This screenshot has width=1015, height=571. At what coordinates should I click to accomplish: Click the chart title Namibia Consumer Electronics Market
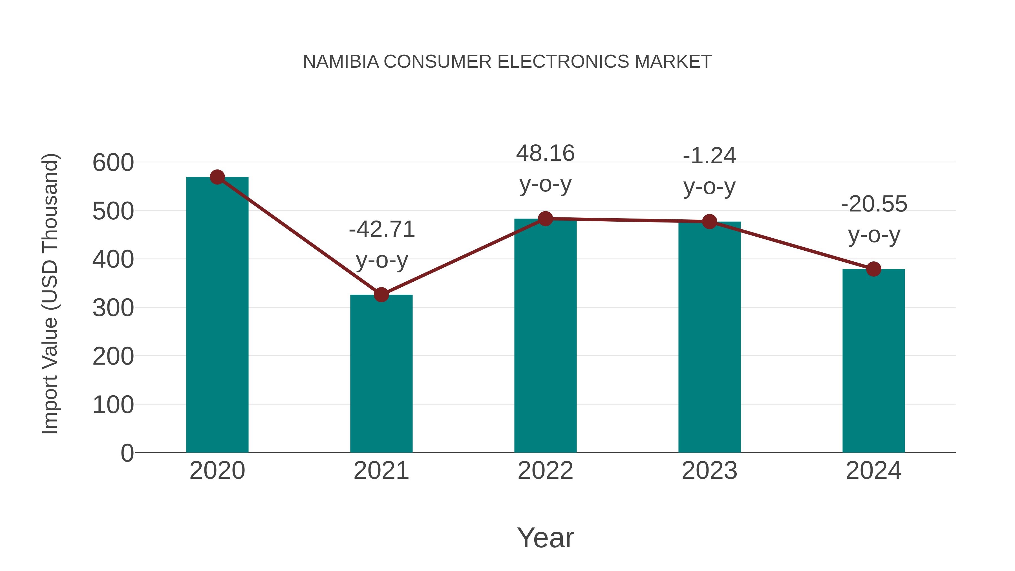(507, 62)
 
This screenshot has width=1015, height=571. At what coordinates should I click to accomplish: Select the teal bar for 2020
(217, 315)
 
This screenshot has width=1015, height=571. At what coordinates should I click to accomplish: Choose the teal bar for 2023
(709, 337)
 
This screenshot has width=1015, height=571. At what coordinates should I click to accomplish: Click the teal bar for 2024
(873, 361)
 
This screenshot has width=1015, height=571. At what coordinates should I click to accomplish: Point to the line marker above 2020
(217, 177)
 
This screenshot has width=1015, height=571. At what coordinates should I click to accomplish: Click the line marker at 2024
(873, 269)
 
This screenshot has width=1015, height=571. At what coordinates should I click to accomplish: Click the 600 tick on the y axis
(113, 163)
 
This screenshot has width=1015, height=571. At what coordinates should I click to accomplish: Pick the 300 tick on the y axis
(113, 308)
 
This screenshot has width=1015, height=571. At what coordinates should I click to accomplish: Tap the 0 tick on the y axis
(127, 453)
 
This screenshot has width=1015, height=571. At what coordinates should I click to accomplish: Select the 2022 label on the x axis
(545, 471)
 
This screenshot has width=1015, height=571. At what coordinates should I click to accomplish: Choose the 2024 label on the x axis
(873, 471)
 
